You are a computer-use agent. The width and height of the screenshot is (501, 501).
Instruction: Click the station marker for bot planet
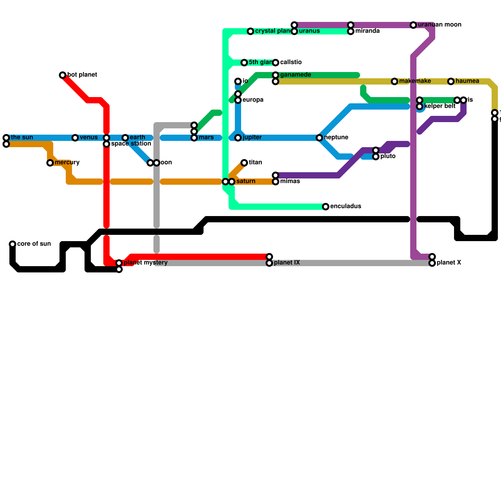click(63, 75)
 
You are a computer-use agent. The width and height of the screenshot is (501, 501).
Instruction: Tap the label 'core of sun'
click(34, 244)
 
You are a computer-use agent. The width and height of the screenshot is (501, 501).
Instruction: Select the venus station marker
click(75, 138)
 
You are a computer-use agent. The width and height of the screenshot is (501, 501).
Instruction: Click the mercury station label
click(67, 163)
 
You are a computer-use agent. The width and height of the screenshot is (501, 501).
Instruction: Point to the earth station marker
click(125, 138)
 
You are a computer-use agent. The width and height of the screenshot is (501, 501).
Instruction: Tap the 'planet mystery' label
click(146, 263)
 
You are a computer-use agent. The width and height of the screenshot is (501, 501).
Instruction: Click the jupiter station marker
click(238, 138)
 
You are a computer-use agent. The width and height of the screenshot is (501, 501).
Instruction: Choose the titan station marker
click(244, 163)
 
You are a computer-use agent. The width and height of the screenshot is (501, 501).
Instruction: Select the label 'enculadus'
click(346, 206)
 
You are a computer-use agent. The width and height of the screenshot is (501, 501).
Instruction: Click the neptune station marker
click(319, 138)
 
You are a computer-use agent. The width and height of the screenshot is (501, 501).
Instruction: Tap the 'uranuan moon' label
click(440, 25)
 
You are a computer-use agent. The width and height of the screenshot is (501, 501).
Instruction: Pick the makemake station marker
click(395, 81)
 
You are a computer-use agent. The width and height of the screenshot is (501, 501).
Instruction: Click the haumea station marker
click(451, 81)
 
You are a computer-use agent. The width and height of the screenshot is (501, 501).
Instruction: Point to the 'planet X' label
click(449, 263)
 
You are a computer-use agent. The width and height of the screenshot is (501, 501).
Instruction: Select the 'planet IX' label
click(287, 263)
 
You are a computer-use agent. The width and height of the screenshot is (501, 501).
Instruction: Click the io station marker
click(238, 81)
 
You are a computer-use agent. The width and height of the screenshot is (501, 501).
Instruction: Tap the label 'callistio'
click(291, 62)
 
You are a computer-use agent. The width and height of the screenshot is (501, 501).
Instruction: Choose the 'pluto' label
click(388, 156)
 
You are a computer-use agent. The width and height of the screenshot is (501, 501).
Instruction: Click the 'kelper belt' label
click(440, 106)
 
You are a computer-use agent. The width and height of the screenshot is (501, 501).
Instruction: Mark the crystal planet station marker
click(250, 31)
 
